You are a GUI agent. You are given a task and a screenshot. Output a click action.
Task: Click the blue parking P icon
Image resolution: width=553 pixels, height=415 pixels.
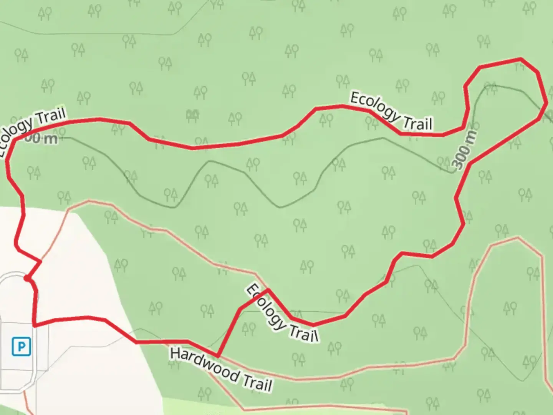21,347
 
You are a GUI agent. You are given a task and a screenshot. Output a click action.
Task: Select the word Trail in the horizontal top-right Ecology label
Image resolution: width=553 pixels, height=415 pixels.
417,123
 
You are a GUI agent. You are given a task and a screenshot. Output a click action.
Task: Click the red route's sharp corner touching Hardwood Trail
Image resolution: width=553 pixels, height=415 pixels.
218,356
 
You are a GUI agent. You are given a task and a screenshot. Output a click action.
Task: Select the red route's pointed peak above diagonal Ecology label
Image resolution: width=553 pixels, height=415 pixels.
268,290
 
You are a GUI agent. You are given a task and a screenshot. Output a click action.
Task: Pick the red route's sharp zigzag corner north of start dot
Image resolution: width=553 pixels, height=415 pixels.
40,261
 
